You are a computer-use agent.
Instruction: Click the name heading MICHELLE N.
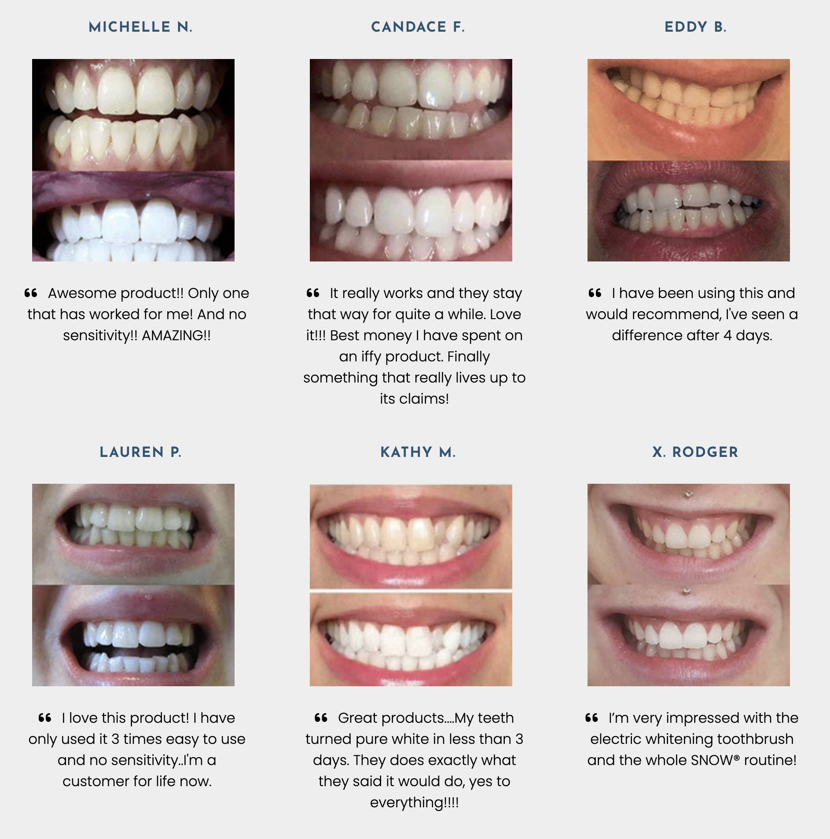(140, 27)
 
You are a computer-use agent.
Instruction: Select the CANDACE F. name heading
(418, 27)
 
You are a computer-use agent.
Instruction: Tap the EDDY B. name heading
(695, 27)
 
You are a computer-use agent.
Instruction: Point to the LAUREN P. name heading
(140, 452)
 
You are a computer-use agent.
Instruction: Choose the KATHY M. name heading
(418, 452)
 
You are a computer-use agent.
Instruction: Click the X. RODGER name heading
(695, 452)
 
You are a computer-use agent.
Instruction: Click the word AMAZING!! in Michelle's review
(176, 335)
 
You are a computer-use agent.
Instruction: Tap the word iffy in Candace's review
(371, 357)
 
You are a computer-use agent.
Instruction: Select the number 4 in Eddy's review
(727, 335)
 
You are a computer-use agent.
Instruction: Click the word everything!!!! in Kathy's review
(415, 802)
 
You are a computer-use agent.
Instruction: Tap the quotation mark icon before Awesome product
(31, 293)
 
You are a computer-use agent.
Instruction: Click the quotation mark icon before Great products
(321, 718)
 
